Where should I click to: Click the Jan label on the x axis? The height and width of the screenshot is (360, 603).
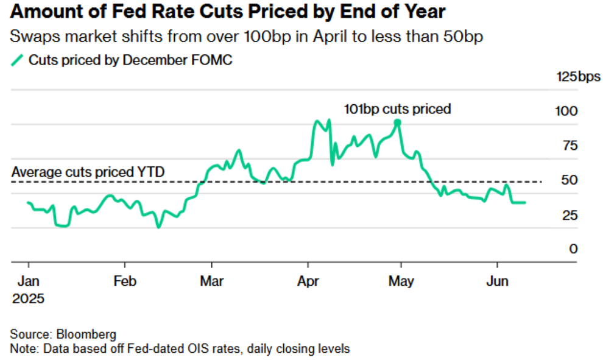click(x=27, y=282)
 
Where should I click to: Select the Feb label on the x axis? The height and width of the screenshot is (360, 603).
click(x=124, y=282)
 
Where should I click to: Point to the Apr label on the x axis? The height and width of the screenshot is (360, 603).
click(x=308, y=282)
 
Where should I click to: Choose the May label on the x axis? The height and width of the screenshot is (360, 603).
click(x=401, y=282)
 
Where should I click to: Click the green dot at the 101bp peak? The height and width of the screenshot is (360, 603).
click(x=397, y=122)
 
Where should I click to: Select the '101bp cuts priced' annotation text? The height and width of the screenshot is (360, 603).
click(x=397, y=109)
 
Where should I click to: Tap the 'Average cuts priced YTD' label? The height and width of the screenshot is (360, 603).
click(x=88, y=172)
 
